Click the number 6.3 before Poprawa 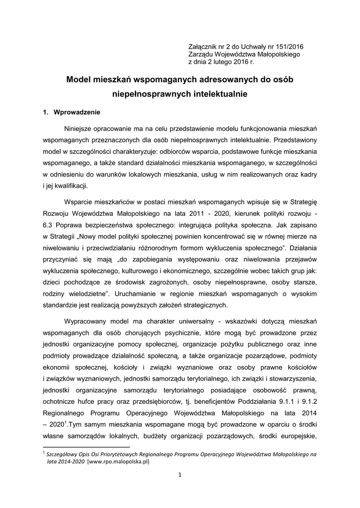pyautogui.click(x=49, y=225)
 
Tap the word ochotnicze pyautogui.click(x=62, y=402)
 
